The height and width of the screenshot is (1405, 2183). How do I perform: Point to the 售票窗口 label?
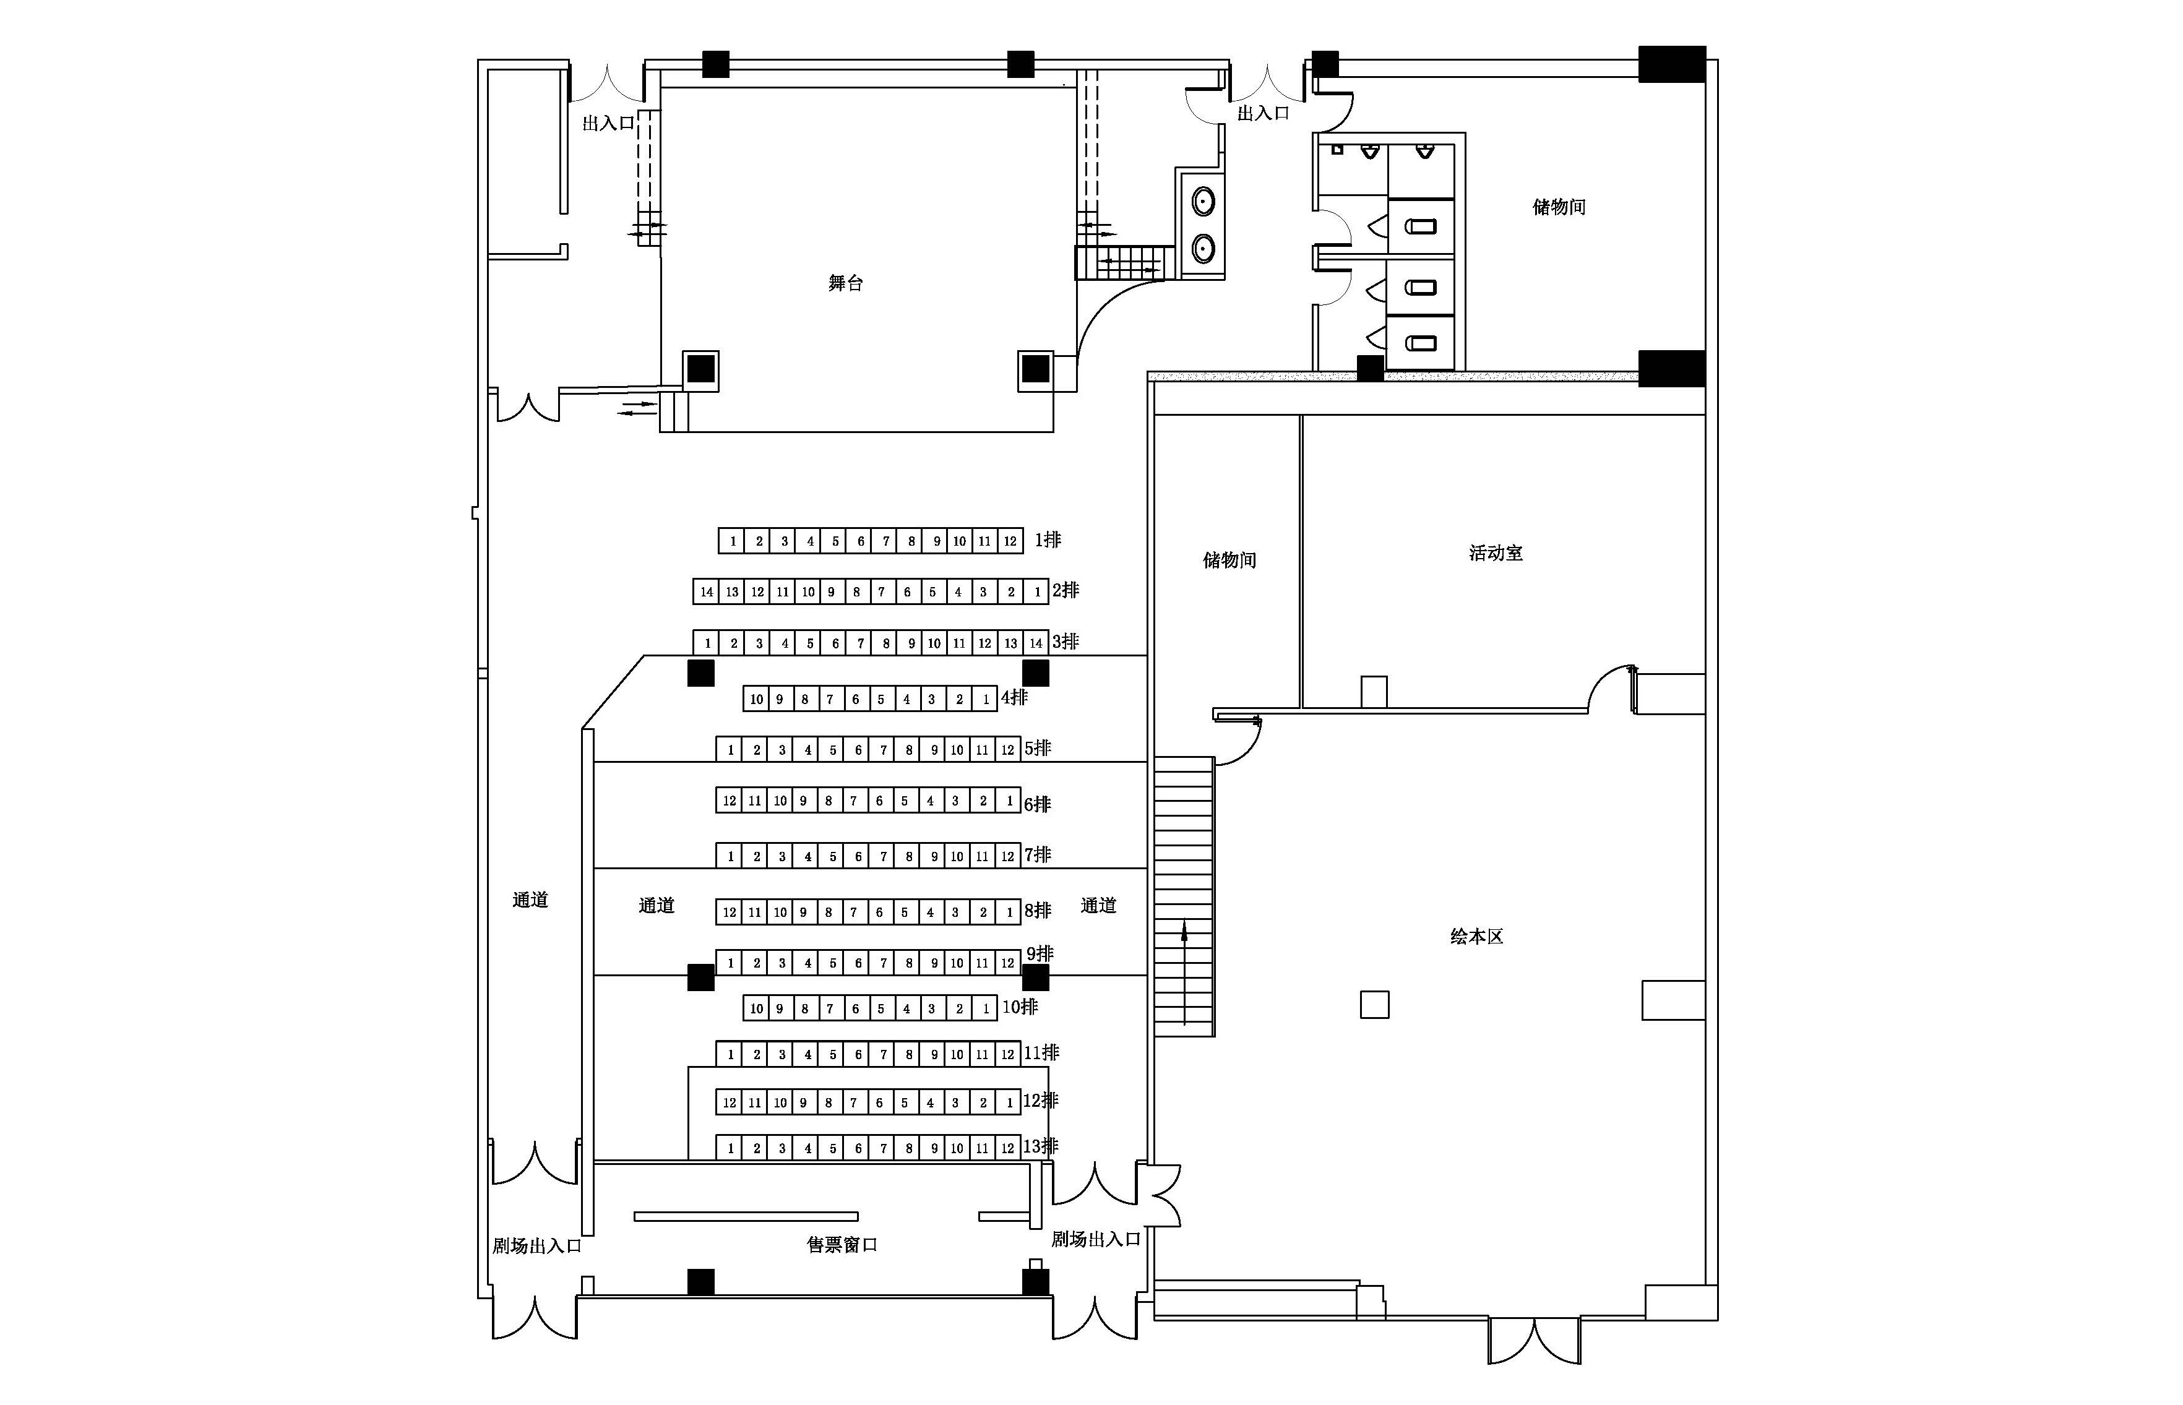pos(842,1244)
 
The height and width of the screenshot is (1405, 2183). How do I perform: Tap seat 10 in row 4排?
pos(756,700)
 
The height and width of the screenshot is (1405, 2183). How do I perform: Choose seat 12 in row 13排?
pos(1007,1148)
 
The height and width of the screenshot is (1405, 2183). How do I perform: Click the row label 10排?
pos(1020,1007)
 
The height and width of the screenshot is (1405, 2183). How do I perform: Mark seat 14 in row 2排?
pos(706,592)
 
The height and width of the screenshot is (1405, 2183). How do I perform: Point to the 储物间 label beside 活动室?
pos(1229,560)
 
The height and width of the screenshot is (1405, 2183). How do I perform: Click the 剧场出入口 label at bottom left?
pos(536,1245)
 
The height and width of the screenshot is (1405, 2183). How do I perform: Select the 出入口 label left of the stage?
pos(608,123)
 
